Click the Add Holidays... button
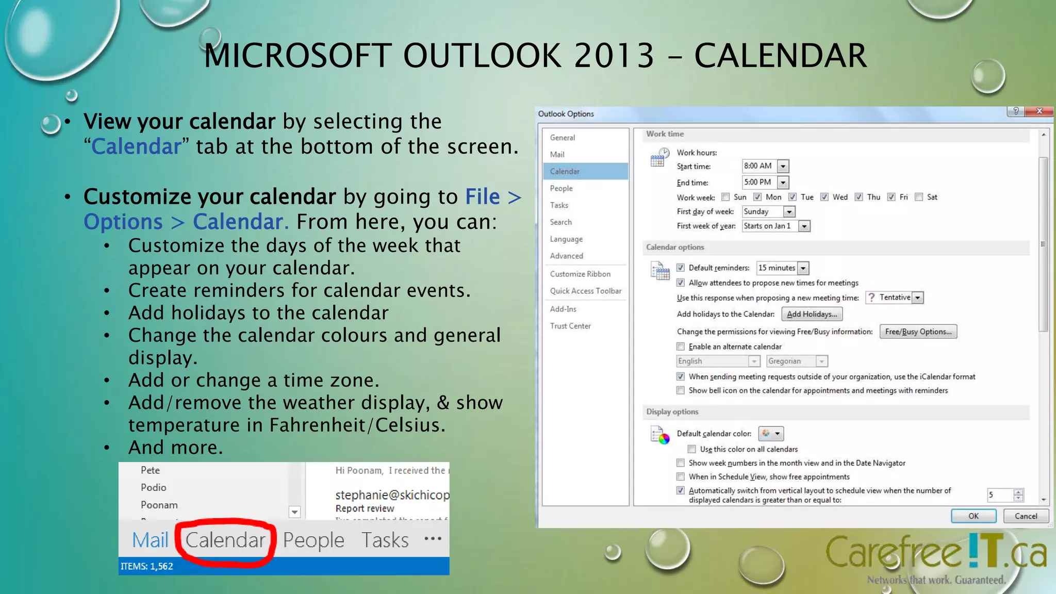coord(812,314)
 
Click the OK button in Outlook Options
coord(973,516)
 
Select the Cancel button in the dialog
coord(1026,516)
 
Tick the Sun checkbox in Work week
coord(726,197)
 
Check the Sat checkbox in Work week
coord(919,197)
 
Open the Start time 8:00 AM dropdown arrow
coord(783,166)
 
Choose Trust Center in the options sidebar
coord(570,326)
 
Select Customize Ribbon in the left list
coord(580,274)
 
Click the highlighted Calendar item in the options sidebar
coord(565,171)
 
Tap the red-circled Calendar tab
coord(225,540)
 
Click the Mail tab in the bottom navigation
coord(150,540)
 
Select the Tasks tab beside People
coord(385,540)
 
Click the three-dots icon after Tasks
coord(433,539)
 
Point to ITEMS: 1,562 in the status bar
coord(147,566)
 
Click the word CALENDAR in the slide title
coord(780,56)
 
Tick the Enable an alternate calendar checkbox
coord(681,346)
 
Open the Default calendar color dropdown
coord(771,434)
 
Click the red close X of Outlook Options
coord(1039,111)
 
